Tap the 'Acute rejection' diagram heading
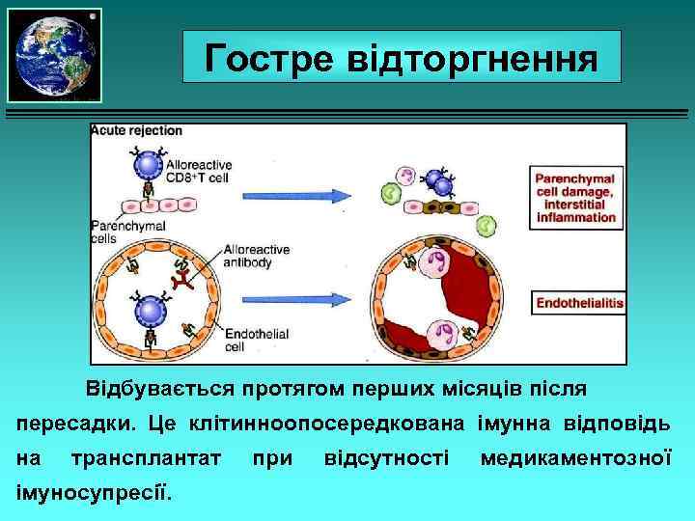[x=135, y=130]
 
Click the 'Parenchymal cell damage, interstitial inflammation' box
[x=575, y=197]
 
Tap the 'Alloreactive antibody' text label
[x=256, y=255]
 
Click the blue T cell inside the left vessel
[x=150, y=311]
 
